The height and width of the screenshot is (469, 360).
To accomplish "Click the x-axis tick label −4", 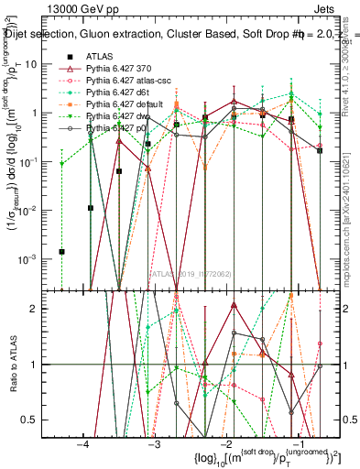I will pos(83,443).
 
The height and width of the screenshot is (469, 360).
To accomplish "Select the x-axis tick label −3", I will pos(154,443).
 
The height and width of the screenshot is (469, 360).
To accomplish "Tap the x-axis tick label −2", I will pos(225,443).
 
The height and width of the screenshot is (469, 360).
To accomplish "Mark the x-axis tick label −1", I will pos(296,443).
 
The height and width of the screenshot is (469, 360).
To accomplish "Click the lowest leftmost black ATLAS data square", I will pos(62,251).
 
